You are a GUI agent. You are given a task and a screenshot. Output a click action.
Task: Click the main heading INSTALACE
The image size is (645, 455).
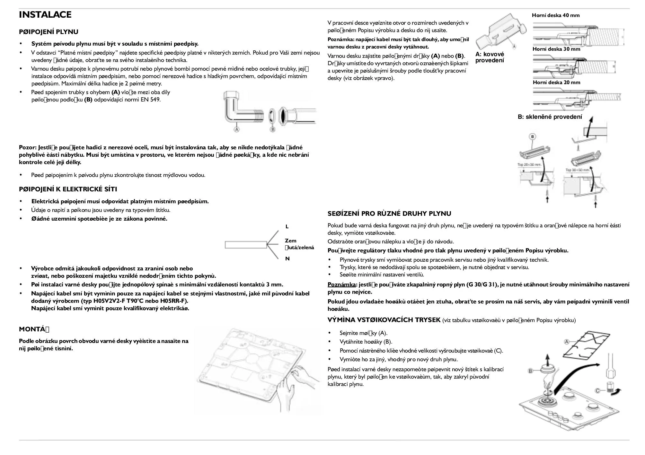tap(45, 15)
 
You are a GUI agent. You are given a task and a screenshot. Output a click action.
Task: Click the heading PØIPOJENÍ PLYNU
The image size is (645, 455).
tap(49, 32)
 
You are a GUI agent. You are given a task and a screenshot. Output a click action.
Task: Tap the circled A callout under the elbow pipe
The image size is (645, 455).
tap(237, 129)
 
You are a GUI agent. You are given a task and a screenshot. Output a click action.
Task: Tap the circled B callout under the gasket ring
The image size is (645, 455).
tap(272, 129)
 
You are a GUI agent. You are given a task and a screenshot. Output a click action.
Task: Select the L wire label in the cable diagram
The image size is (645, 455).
tap(287, 227)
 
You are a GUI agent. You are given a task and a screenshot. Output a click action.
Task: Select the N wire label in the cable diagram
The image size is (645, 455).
tap(287, 259)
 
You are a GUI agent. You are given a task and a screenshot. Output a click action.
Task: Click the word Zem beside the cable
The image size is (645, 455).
tap(290, 241)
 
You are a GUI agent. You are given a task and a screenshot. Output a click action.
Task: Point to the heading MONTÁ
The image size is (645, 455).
tap(34, 329)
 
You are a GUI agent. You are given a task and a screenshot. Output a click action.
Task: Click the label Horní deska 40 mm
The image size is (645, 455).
tap(556, 15)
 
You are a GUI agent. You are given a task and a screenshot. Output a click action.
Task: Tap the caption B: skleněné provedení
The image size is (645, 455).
tap(550, 117)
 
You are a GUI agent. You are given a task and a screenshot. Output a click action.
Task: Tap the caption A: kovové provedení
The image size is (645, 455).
tap(490, 57)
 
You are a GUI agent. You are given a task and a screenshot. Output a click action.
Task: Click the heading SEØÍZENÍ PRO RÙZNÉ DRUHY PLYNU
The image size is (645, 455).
tap(389, 214)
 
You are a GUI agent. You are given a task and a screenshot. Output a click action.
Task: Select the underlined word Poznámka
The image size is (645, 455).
tap(341, 284)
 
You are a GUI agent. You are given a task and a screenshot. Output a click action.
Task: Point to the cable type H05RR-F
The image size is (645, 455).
tap(175, 301)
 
